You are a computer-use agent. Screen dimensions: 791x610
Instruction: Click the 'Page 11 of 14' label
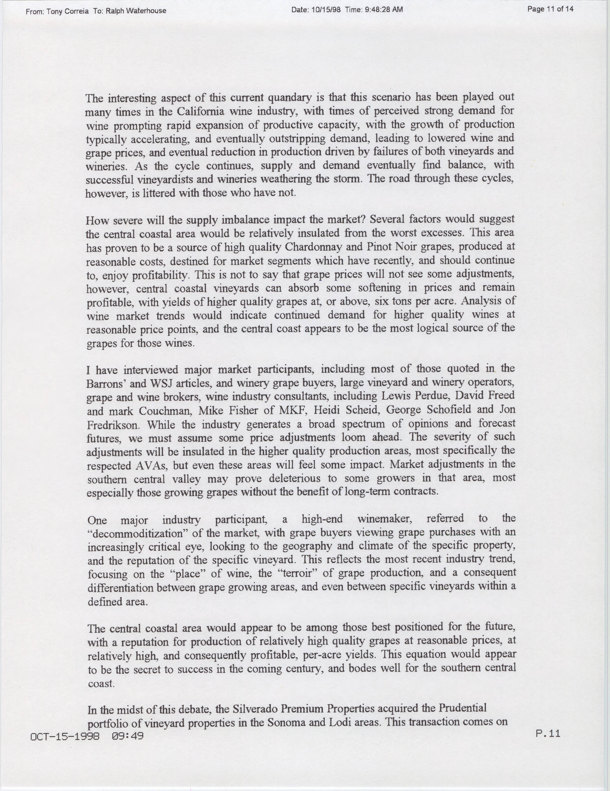tap(550, 9)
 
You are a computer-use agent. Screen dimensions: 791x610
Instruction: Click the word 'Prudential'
tap(462, 708)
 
